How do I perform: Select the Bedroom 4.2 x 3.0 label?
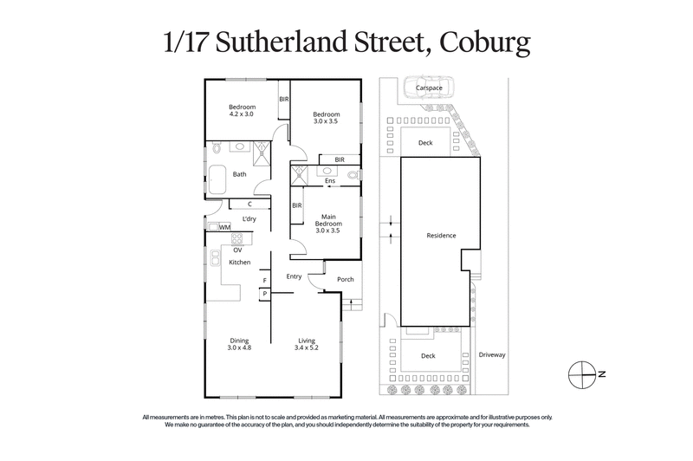pyautogui.click(x=242, y=110)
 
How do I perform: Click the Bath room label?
pyautogui.click(x=239, y=173)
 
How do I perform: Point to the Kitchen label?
pyautogui.click(x=239, y=262)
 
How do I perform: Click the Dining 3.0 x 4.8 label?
pyautogui.click(x=239, y=344)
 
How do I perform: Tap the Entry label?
pyautogui.click(x=294, y=276)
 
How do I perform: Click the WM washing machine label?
pyautogui.click(x=224, y=227)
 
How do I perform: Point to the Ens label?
pyautogui.click(x=330, y=181)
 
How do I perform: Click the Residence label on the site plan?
pyautogui.click(x=440, y=236)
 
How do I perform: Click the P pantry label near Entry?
pyautogui.click(x=263, y=295)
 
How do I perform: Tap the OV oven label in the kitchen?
pyautogui.click(x=236, y=250)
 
